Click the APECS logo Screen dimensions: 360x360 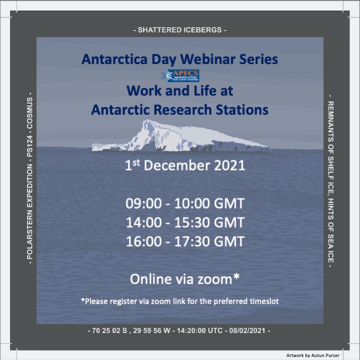(x=179, y=75)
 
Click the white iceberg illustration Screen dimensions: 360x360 (x=179, y=136)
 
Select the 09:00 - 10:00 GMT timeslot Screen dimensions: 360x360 (x=184, y=204)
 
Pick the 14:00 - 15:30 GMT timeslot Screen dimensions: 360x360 (x=184, y=223)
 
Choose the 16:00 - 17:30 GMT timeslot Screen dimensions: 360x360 (x=184, y=242)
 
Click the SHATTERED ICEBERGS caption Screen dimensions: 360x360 (x=180, y=30)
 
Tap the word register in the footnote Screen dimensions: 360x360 (x=131, y=301)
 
